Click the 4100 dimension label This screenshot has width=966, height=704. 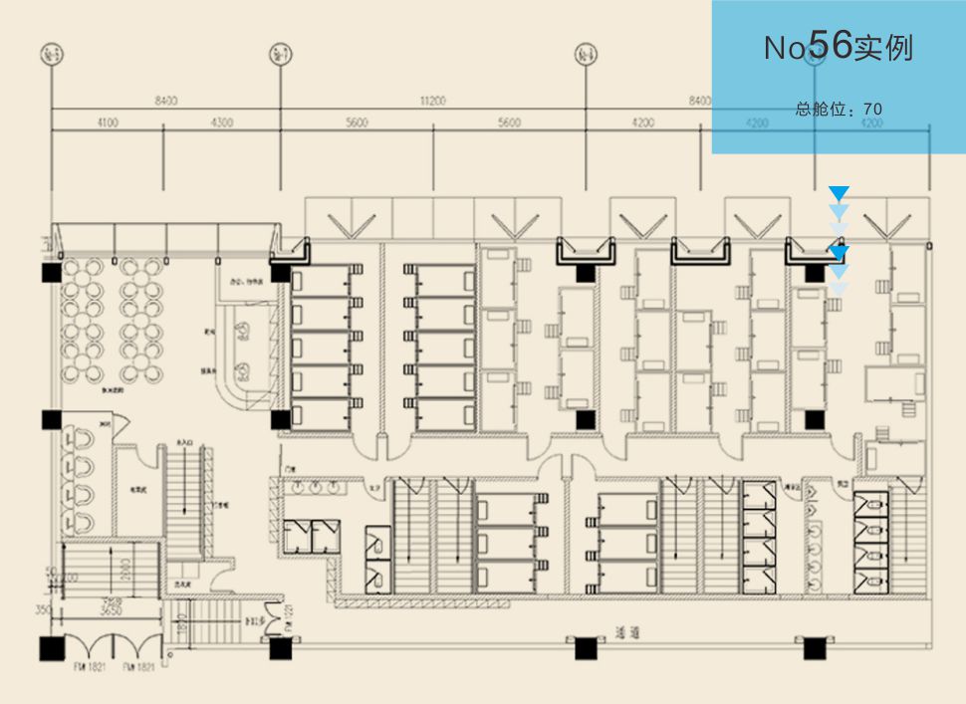[107, 122]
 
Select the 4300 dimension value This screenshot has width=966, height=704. [222, 122]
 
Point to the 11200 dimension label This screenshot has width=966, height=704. [433, 100]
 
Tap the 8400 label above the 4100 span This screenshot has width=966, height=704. [165, 100]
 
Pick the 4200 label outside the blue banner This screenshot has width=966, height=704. [643, 122]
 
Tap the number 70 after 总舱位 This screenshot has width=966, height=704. [873, 109]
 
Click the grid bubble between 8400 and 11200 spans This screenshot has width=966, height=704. [280, 53]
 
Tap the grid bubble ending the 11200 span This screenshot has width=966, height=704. [586, 53]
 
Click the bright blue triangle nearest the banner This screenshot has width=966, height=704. [840, 192]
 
